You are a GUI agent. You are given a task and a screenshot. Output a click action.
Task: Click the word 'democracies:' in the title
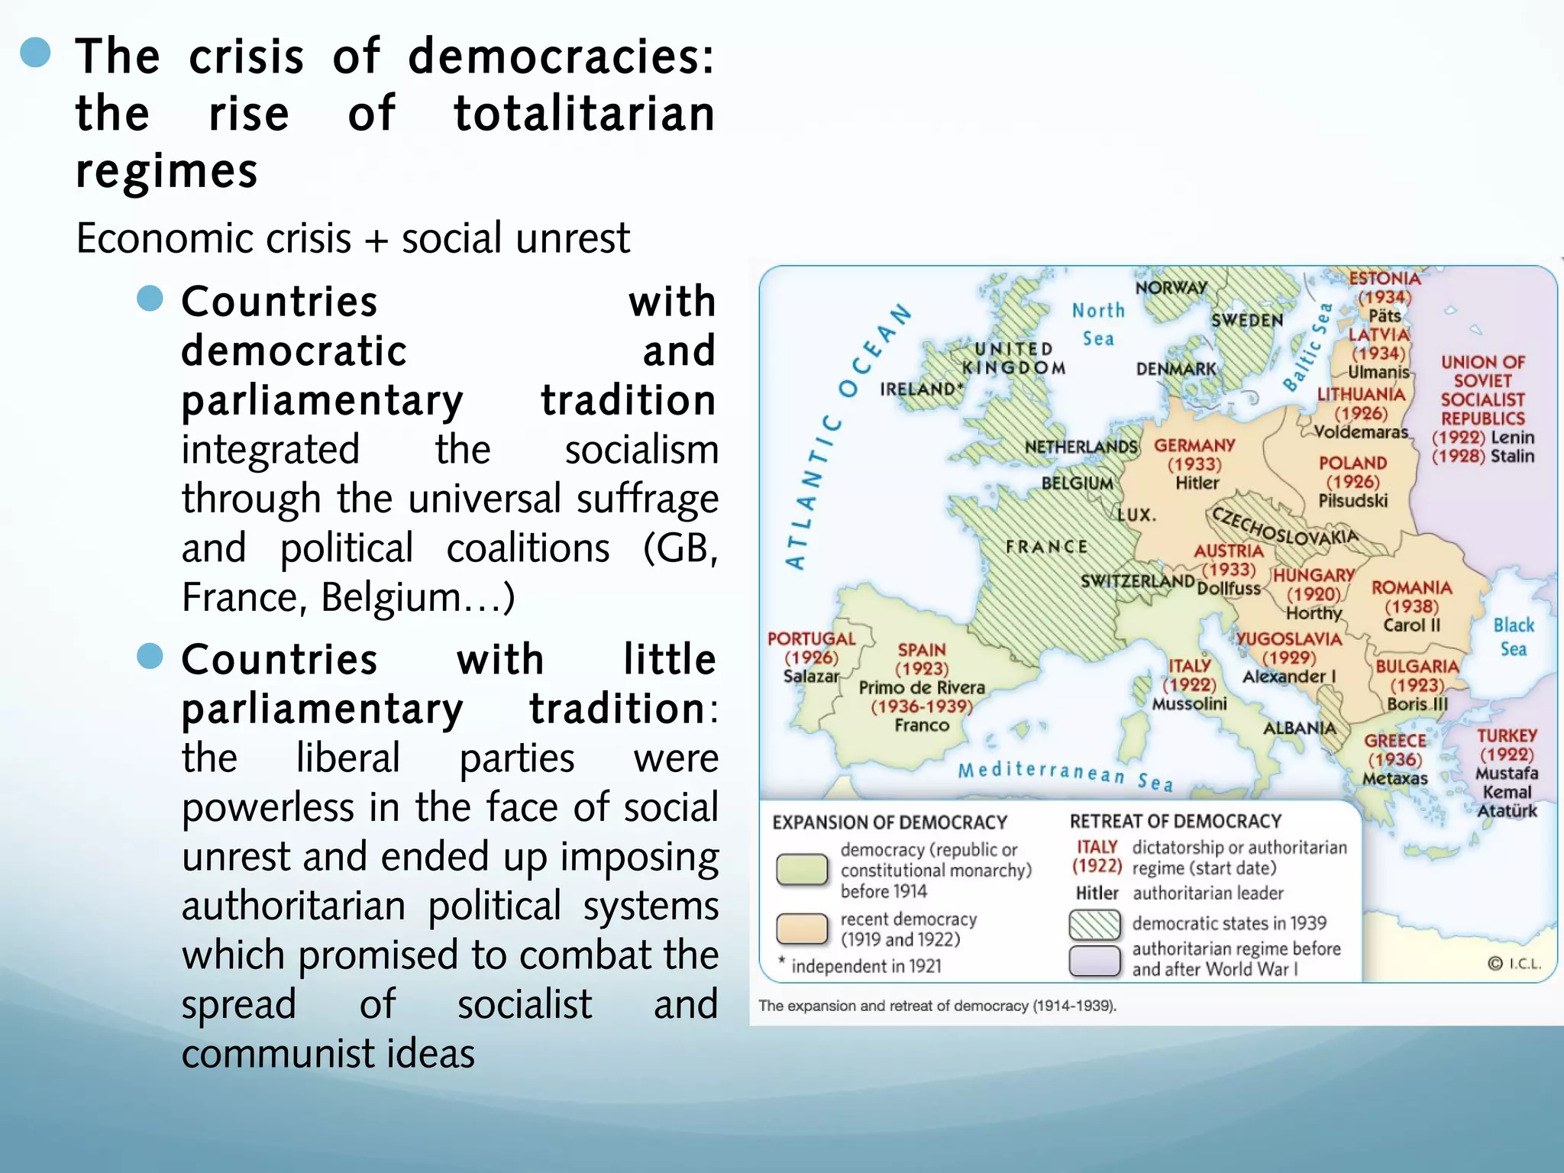(x=561, y=57)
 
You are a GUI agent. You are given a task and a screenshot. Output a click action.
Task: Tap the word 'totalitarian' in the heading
(x=584, y=114)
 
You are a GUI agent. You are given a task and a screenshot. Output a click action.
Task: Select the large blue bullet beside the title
(x=35, y=53)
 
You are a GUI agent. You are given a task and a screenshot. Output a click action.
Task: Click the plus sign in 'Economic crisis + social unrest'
(x=375, y=239)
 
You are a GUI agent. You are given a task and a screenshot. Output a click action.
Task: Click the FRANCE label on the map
(x=1046, y=547)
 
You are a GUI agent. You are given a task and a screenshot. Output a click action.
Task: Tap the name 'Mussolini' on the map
(x=1189, y=703)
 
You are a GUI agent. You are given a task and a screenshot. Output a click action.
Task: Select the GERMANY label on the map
(x=1194, y=445)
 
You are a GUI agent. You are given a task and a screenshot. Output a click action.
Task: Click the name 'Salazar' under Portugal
(x=810, y=676)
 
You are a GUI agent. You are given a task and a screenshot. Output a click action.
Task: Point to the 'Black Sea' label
(x=1513, y=637)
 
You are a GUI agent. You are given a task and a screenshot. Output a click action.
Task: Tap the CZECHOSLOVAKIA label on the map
(x=1285, y=527)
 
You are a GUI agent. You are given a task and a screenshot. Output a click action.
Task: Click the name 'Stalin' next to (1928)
(x=1512, y=457)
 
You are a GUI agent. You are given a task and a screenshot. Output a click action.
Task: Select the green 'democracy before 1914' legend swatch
(x=801, y=869)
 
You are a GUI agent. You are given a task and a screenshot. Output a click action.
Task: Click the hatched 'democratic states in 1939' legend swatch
(x=1094, y=924)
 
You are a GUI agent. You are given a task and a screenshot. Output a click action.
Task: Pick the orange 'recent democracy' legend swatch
(x=801, y=929)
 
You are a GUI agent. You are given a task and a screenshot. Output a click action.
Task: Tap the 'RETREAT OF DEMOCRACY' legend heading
(x=1175, y=821)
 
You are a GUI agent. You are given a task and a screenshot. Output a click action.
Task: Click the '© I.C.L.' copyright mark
(x=1514, y=964)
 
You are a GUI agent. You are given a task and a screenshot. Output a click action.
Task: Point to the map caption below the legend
(x=937, y=1006)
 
